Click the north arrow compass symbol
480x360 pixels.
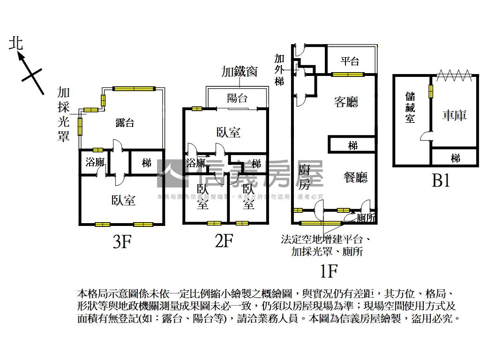point(28,69)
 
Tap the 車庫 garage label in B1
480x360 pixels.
point(454,115)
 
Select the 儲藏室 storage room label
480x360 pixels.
point(410,107)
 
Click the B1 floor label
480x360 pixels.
point(441,180)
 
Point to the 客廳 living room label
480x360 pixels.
point(346,102)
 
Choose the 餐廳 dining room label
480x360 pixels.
point(355,177)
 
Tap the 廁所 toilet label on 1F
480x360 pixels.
point(366,218)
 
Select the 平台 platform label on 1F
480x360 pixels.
point(350,61)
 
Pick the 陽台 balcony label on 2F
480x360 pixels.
point(237,98)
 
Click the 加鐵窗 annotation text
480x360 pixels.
point(240,72)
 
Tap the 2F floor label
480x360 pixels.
point(224,241)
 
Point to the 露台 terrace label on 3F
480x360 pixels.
point(125,123)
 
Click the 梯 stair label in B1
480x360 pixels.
point(455,158)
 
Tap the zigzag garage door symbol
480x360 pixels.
point(454,75)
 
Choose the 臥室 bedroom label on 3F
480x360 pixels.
point(123,201)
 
